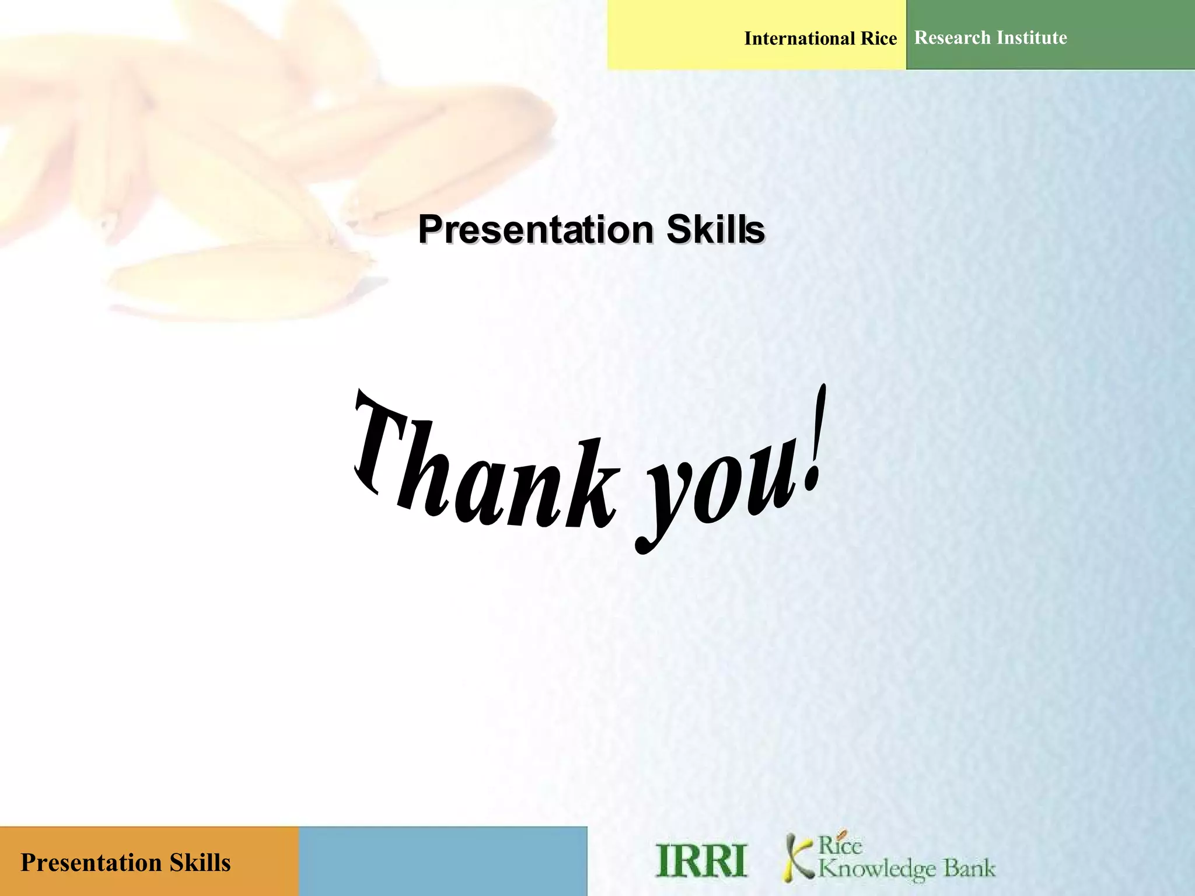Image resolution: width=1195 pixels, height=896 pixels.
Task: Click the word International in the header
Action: click(799, 38)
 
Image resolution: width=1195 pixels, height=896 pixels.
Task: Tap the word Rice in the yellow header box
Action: click(879, 38)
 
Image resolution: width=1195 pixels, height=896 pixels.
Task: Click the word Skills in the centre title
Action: click(715, 229)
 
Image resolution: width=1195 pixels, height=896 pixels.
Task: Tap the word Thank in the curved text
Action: click(484, 467)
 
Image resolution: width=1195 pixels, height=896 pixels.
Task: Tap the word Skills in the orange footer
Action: click(200, 863)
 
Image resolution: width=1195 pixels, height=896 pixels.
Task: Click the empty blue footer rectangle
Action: click(442, 861)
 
